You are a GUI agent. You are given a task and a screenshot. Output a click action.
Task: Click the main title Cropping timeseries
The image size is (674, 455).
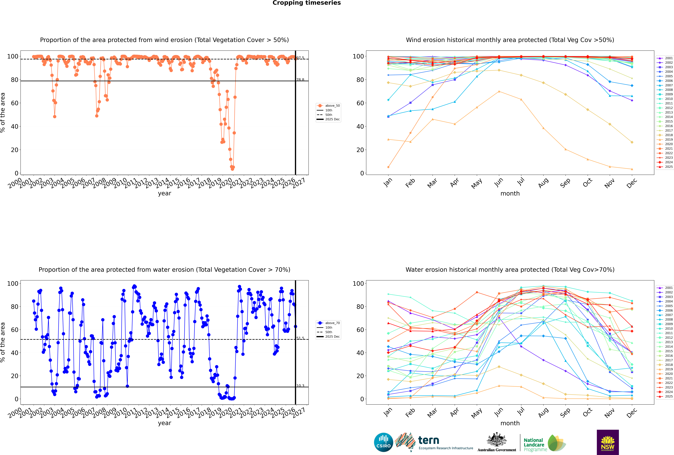[x=307, y=3]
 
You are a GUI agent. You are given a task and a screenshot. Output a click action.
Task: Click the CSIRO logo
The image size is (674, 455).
[x=383, y=442]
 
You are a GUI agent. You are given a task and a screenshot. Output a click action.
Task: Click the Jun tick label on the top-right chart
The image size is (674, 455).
[x=499, y=182]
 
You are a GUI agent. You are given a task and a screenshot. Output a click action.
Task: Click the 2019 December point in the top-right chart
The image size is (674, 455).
[x=632, y=169]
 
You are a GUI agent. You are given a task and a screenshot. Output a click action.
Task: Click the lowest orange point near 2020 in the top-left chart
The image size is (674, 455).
[x=232, y=169]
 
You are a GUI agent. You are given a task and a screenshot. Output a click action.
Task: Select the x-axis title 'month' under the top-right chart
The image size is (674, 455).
[x=510, y=194]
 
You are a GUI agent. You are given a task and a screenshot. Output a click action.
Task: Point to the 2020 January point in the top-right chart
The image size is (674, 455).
[x=388, y=167]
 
